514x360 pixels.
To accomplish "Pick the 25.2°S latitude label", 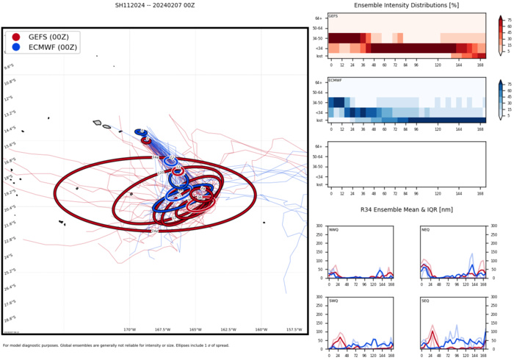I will click(10, 271).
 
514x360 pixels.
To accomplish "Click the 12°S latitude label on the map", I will click(10, 98).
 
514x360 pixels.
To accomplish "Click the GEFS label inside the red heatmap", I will click(333, 16).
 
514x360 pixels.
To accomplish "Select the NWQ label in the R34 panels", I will click(333, 229).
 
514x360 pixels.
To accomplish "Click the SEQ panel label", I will click(425, 300).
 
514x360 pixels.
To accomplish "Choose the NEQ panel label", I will click(425, 229).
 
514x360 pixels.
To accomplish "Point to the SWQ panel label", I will click(333, 300).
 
